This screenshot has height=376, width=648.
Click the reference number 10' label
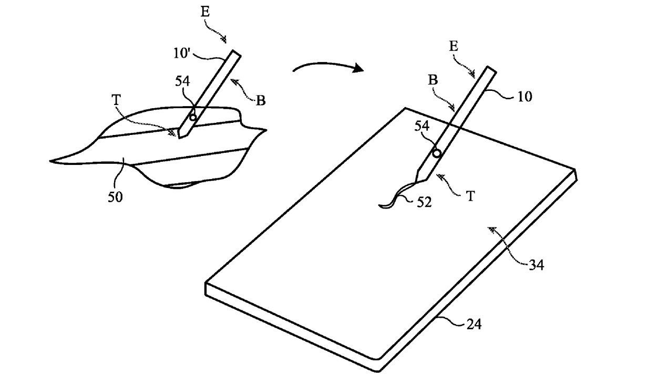182,53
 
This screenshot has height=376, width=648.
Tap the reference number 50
115,197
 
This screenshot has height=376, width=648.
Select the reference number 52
424,202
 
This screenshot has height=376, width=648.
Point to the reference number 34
537,265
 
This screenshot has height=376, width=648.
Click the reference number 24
474,324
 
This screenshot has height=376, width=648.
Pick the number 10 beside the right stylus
524,97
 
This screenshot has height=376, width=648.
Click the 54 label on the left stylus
182,81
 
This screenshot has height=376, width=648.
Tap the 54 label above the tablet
422,126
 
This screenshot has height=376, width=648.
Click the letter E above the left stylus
205,13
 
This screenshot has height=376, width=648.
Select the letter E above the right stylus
454,47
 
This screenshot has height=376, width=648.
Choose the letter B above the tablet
433,80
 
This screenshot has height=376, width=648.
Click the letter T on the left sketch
116,100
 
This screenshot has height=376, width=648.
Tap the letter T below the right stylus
471,196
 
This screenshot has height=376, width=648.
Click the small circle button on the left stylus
193,117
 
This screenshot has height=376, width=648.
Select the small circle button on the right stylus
437,153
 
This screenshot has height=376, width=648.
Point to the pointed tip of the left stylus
179,139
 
